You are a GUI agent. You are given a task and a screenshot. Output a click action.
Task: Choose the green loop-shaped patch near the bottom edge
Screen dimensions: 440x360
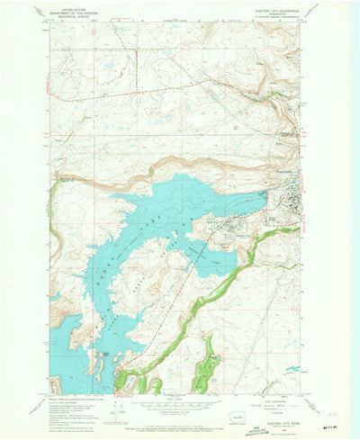click(208, 364)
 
